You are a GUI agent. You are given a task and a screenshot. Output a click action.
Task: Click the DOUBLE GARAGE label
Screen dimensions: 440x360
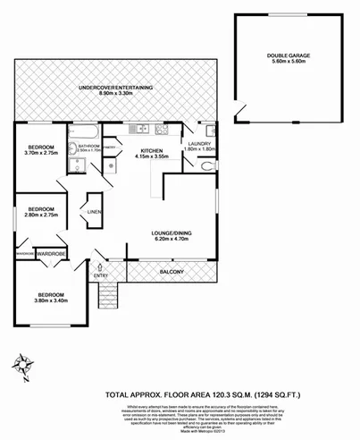pyautogui.click(x=288, y=56)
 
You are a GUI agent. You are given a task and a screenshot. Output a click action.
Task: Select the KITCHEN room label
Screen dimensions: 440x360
pyautogui.click(x=150, y=151)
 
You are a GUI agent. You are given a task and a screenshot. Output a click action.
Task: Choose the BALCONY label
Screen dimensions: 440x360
pyautogui.click(x=172, y=271)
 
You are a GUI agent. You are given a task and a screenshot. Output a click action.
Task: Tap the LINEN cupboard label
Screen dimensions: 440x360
pyautogui.click(x=94, y=212)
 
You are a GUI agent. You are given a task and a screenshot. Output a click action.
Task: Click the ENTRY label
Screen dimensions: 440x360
pyautogui.click(x=100, y=275)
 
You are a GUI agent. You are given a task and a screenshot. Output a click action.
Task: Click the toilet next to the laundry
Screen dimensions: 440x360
pyautogui.click(x=207, y=166)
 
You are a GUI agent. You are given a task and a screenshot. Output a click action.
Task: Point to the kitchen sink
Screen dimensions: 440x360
pyautogui.click(x=141, y=128)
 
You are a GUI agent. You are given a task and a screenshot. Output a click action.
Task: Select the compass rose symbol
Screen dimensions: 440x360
pyautogui.click(x=21, y=363)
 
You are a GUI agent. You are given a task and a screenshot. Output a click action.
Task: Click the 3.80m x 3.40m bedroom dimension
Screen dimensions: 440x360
pyautogui.click(x=49, y=300)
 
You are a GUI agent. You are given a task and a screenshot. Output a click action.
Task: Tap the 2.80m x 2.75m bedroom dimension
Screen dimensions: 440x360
pyautogui.click(x=41, y=216)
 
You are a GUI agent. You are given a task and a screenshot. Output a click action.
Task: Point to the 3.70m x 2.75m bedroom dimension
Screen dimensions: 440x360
pyautogui.click(x=42, y=152)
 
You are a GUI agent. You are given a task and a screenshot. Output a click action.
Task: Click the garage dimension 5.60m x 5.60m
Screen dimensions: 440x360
pyautogui.click(x=288, y=63)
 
